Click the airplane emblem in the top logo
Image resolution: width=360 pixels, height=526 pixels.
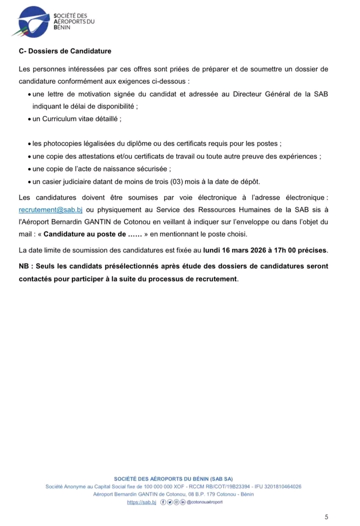tap(32, 21)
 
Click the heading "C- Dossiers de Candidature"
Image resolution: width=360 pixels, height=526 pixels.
tap(65, 51)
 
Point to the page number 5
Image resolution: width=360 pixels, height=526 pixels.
tap(326, 517)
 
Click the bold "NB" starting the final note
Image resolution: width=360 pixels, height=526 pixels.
tap(23, 266)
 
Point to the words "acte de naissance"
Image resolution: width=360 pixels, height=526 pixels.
tap(109, 168)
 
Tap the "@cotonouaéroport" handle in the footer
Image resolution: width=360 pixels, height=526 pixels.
tap(204, 502)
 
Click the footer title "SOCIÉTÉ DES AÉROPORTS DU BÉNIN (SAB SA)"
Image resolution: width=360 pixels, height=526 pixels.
tap(173, 479)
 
